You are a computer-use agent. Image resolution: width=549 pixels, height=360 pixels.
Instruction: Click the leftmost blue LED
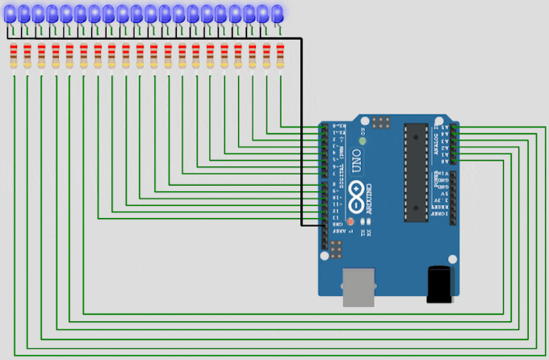pyautogui.click(x=9, y=13)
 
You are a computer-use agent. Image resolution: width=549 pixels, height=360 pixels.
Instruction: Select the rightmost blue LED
pyautogui.click(x=277, y=13)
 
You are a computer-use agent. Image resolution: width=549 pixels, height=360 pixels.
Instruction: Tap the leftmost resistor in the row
pyautogui.click(x=14, y=57)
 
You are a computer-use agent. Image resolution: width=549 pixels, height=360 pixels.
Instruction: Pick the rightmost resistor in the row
pyautogui.click(x=280, y=57)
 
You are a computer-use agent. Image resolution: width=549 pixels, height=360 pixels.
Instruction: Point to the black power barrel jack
pyautogui.click(x=439, y=285)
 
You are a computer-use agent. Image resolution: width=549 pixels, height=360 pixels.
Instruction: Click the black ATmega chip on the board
pyautogui.click(x=415, y=171)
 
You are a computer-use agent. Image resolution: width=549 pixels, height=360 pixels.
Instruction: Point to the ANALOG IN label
pyautogui.click(x=439, y=139)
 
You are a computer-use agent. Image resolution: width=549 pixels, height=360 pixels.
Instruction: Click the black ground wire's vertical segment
pyautogui.click(x=301, y=129)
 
